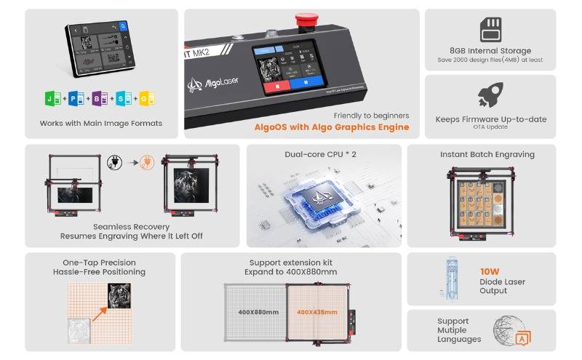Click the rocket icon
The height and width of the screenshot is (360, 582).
[490, 95]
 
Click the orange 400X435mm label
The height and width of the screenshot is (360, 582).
[317, 312]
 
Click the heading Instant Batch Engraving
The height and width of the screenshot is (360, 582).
[487, 154]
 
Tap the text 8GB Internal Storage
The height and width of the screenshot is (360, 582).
[490, 51]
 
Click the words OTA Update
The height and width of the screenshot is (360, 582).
[490, 127]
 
